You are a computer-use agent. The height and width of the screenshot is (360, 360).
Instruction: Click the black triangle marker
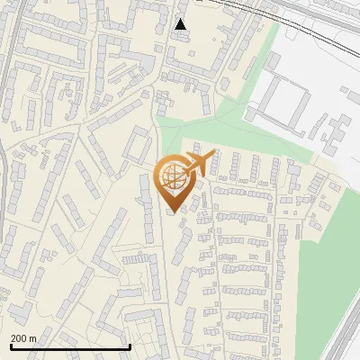(x=181, y=24)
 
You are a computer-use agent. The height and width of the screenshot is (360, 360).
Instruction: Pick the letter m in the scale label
(x=33, y=338)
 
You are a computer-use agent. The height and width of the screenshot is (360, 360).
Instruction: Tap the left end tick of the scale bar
(x=11, y=346)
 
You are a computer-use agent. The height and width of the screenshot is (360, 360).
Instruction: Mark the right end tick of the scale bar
(x=130, y=346)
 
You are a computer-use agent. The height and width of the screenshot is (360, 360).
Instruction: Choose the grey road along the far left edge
(x=4, y=180)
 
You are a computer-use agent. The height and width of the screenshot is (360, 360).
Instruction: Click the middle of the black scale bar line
(x=70, y=346)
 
